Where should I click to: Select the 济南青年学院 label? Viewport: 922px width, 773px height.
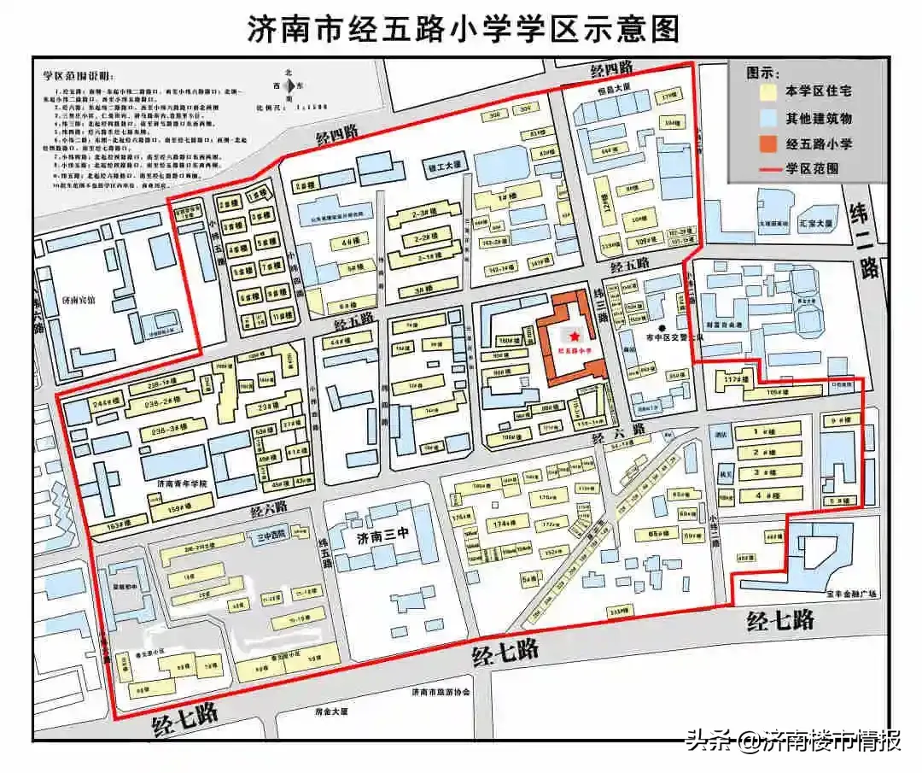tap(184, 483)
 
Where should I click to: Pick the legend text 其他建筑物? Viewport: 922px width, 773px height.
tap(819, 118)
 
